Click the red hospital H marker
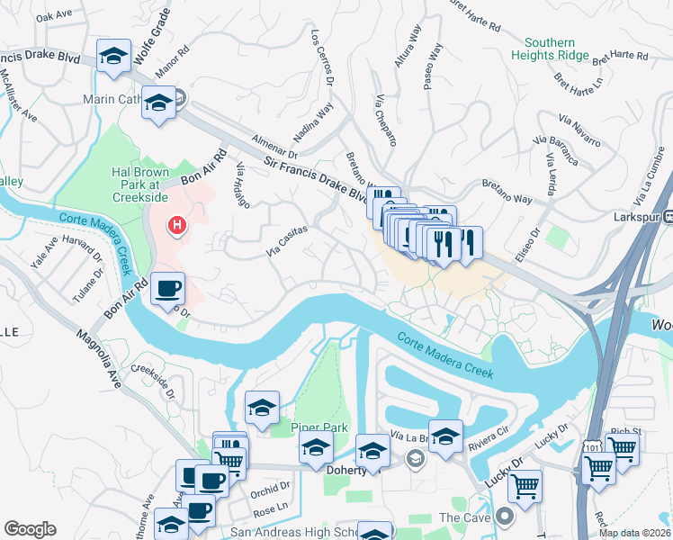tap(177, 224)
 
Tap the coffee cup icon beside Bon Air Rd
tap(168, 289)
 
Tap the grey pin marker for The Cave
tap(503, 517)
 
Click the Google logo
tap(30, 529)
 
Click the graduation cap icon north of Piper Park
tap(262, 407)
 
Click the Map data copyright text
tap(634, 533)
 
